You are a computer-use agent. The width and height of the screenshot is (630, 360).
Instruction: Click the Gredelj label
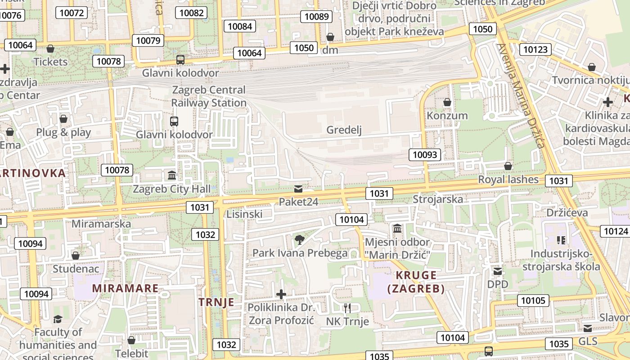[x=344, y=130]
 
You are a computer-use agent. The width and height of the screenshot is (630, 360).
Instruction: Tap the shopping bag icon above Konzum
[x=447, y=103]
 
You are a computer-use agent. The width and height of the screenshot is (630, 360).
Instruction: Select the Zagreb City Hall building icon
[x=172, y=175]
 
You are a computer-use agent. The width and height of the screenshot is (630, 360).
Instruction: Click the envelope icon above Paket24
[x=298, y=189]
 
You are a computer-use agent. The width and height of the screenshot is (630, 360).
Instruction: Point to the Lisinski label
[x=244, y=214]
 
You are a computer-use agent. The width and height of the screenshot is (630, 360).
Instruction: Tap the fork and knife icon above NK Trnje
[x=347, y=308]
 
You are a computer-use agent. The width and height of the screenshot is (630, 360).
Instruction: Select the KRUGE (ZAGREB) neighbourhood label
[x=416, y=282]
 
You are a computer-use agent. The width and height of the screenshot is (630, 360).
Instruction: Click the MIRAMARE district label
[x=126, y=288]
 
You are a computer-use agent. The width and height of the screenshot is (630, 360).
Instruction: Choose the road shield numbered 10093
[x=425, y=155]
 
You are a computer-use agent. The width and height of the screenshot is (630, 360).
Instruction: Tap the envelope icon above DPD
[x=498, y=271]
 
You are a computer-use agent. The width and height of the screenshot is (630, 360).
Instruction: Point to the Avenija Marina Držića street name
[x=521, y=95]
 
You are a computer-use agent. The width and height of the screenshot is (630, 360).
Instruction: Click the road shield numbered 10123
[x=535, y=49]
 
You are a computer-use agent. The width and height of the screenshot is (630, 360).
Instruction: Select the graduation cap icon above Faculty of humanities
[x=58, y=319]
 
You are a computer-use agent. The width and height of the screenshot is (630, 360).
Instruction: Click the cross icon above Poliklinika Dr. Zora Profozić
[x=281, y=295]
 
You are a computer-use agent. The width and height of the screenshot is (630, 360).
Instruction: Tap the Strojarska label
[x=437, y=199]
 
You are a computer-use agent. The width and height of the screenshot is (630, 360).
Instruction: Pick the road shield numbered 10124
[x=615, y=231]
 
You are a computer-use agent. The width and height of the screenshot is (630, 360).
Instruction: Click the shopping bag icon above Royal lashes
[x=508, y=166]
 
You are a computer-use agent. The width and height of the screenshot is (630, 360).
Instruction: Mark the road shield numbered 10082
[x=192, y=13]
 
